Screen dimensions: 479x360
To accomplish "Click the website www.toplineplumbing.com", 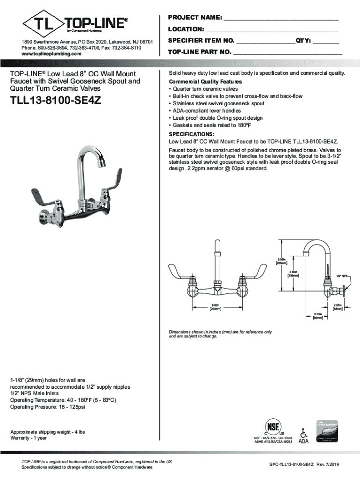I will click(51, 54).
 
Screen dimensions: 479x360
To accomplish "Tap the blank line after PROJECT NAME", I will click(281, 19).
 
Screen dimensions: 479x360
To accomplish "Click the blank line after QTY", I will click(325, 41).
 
